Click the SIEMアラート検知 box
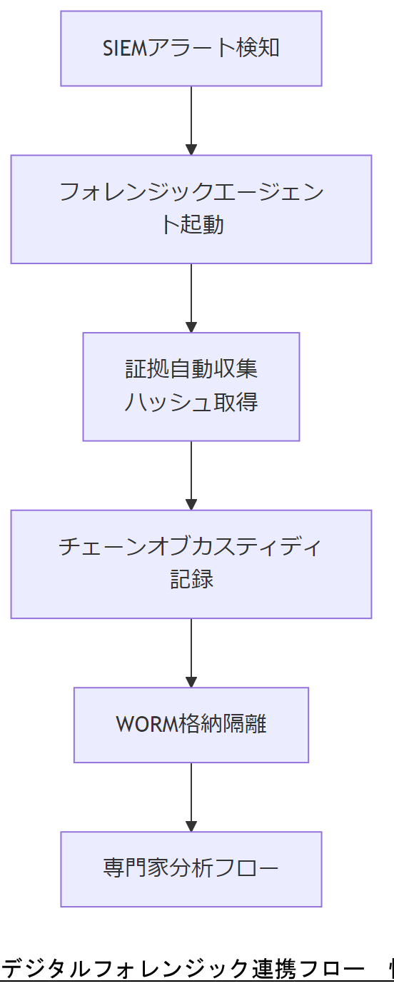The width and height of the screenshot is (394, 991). (x=191, y=49)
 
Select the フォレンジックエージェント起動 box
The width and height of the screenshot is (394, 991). (x=191, y=209)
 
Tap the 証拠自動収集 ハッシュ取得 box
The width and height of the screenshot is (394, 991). (x=191, y=386)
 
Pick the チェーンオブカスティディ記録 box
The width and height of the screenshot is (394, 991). (x=191, y=564)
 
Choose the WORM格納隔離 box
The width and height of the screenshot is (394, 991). (x=191, y=725)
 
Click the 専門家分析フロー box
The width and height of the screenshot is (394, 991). (x=191, y=869)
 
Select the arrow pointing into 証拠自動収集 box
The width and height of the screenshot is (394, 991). (x=191, y=298)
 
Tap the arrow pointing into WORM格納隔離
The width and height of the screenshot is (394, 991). (x=191, y=653)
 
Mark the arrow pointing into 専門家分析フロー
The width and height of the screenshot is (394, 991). (x=191, y=797)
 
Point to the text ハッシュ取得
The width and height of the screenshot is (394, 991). (x=191, y=403)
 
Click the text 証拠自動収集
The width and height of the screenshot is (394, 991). (x=191, y=370)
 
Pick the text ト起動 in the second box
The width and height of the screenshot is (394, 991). (x=191, y=225)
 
